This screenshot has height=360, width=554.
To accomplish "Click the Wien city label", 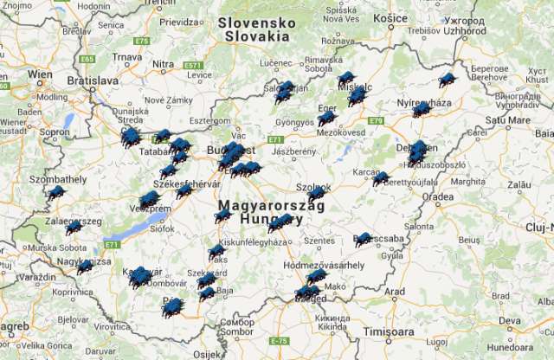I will tap(40, 74).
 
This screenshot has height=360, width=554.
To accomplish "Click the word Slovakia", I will tap(256, 36).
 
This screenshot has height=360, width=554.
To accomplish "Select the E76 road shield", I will tap(142, 40).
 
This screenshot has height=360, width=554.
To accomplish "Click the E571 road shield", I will tap(192, 65).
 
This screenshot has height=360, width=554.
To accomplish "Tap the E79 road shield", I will tap(376, 120).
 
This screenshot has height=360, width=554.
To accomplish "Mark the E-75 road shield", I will tap(277, 341).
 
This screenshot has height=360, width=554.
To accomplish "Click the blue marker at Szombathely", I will tap(56, 191).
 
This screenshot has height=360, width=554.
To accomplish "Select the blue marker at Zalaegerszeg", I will tap(74, 227).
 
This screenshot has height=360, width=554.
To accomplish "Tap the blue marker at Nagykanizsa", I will tap(85, 266).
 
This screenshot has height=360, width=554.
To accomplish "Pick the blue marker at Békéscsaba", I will tap(364, 239).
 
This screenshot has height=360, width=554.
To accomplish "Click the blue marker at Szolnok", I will tap(317, 194).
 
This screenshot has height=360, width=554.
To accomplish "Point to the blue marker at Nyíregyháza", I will tap(422, 108).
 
